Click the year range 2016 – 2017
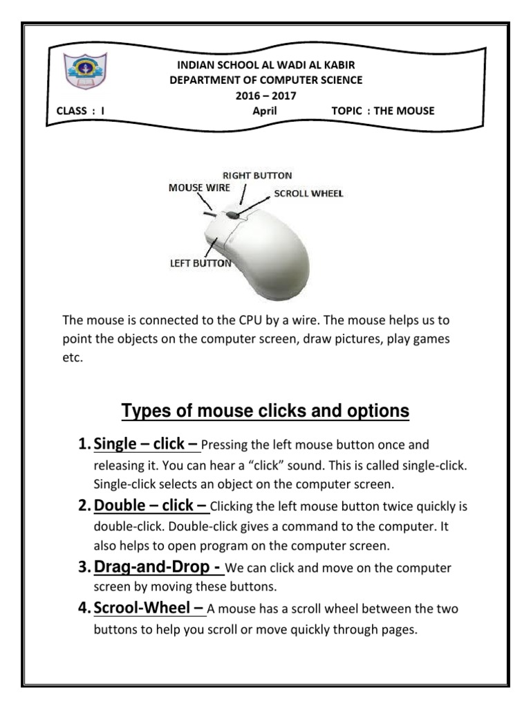[265, 96]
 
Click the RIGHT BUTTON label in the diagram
[257, 176]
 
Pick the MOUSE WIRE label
[200, 188]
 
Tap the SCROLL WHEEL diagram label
[308, 194]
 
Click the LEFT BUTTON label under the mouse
[201, 263]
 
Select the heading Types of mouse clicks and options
[265, 412]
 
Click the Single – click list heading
[147, 443]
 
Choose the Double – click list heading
[151, 505]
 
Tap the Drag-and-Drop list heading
[158, 567]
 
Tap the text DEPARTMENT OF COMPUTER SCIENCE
[265, 80]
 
